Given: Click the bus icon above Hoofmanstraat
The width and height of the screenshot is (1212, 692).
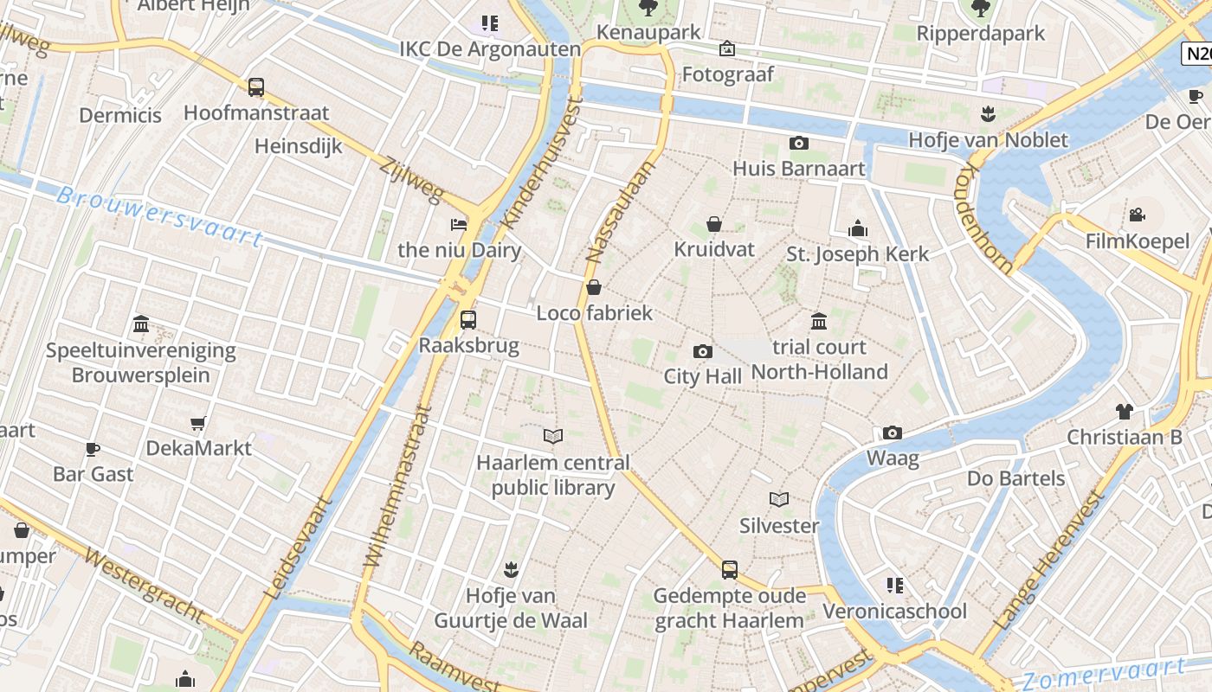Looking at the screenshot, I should click(256, 87).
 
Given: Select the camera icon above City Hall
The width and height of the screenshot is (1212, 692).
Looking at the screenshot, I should click(703, 351).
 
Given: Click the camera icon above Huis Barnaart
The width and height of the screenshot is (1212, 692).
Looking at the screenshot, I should click(799, 143).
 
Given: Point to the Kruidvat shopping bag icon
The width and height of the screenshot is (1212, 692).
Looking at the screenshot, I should click(714, 225).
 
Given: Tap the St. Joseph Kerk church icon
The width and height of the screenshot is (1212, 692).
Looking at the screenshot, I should click(858, 228).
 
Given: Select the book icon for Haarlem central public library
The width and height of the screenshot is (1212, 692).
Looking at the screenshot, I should click(553, 437).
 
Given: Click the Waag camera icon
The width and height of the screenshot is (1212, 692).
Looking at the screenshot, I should click(893, 432).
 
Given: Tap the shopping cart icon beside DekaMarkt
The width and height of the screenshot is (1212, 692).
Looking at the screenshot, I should click(198, 423).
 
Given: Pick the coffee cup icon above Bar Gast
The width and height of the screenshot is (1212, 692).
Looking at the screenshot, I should click(93, 449).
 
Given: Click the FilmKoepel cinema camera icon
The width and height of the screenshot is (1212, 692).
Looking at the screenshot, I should click(1138, 215).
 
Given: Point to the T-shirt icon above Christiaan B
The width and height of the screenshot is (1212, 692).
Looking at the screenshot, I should click(1124, 412).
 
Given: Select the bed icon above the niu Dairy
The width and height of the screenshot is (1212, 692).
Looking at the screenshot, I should click(459, 225).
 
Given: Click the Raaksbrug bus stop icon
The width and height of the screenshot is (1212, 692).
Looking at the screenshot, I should click(468, 320).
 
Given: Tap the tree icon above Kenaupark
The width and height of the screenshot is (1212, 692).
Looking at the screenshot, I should click(648, 9).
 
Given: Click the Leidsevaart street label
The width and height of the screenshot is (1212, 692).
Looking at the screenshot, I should click(299, 548).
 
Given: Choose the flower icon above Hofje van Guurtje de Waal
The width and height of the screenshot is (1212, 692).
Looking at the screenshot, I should click(511, 570).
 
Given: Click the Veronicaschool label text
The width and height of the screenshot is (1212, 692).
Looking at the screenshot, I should click(894, 612).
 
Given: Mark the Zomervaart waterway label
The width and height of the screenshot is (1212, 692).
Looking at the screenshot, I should click(1103, 673).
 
